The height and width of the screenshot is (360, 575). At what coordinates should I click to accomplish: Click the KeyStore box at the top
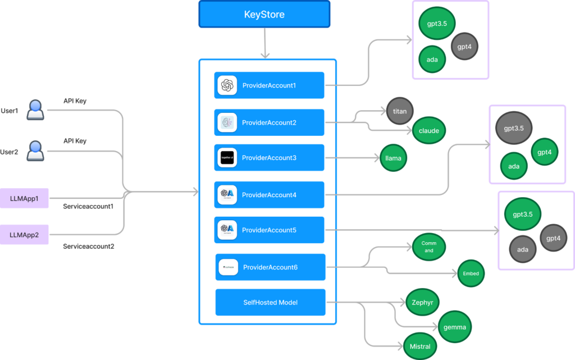[x=264, y=14]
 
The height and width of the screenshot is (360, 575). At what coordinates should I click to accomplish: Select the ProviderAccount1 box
[x=270, y=85]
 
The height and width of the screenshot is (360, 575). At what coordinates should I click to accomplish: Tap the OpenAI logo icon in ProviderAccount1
[x=227, y=85]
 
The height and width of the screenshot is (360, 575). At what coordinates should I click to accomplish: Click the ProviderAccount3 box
[x=270, y=158]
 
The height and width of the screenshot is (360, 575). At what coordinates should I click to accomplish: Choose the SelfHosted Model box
[x=270, y=302]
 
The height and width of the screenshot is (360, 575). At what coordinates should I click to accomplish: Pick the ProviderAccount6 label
[x=270, y=267]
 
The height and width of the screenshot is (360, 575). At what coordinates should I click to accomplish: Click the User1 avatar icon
[x=36, y=110]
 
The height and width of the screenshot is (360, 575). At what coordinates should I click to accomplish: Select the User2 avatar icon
[x=36, y=151]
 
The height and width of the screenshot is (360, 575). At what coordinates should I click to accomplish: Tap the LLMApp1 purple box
[x=25, y=199]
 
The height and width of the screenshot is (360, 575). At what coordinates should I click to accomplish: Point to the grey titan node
[x=400, y=111]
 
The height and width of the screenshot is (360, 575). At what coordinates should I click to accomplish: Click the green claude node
[x=429, y=131]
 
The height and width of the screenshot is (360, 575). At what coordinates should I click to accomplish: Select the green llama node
[x=394, y=158]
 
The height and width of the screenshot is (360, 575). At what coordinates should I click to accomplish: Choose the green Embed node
[x=471, y=274]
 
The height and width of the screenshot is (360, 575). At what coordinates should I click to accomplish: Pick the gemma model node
[x=455, y=327]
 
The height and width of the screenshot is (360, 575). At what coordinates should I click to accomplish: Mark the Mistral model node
[x=420, y=347]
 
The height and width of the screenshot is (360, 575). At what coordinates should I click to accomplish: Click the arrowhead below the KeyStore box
[x=264, y=55]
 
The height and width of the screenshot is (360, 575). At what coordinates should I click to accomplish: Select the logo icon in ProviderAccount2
[x=227, y=122]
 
